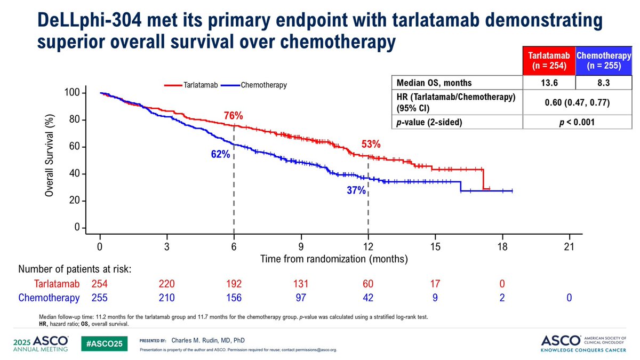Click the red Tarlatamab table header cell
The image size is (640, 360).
pos(549,61)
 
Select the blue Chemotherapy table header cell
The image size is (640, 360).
pos(604,61)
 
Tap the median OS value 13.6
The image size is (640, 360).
pos(549,83)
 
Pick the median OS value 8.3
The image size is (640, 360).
pos(603,83)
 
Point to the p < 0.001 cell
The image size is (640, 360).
pos(577,122)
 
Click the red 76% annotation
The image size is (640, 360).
pos(234,116)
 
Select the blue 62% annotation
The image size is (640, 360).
pos(221,154)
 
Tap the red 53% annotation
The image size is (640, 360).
pos(371,145)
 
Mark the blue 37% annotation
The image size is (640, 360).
pos(356,190)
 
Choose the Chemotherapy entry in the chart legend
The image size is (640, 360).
pos(254,85)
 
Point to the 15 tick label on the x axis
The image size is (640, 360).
pos(435,246)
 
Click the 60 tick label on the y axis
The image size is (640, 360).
pos(74,147)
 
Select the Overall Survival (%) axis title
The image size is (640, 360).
pos(49,155)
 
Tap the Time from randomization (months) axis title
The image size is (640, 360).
pos(334,259)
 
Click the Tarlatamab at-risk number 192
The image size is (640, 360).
pos(234,284)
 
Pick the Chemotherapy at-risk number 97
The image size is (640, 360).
pos(301,298)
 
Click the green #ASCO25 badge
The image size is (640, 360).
pos(105,343)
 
